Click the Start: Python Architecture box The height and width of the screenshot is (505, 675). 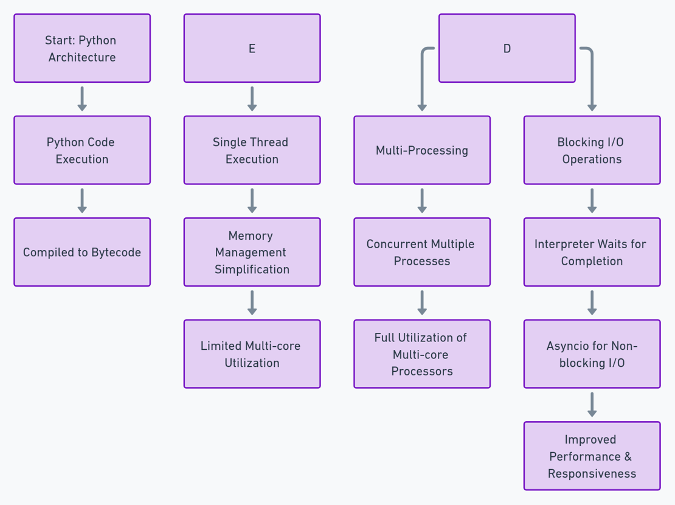pyautogui.click(x=82, y=49)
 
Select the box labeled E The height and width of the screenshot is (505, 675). pyautogui.click(x=252, y=49)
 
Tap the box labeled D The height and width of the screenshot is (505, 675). pyautogui.click(x=507, y=49)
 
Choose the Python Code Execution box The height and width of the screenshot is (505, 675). pyautogui.click(x=82, y=150)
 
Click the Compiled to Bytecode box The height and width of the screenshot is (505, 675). pyautogui.click(x=82, y=252)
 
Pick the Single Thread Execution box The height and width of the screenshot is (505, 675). pyautogui.click(x=252, y=150)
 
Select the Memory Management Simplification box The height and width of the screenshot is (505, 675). pyautogui.click(x=252, y=252)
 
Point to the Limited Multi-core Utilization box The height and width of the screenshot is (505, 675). pyautogui.click(x=252, y=354)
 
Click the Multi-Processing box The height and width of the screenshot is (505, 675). pyautogui.click(x=422, y=150)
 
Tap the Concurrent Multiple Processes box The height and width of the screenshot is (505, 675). pyautogui.click(x=422, y=252)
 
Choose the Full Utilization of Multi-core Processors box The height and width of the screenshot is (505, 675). pyautogui.click(x=422, y=354)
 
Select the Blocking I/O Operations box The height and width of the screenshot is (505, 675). pyautogui.click(x=592, y=150)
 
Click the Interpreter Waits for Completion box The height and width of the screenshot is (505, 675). pyautogui.click(x=592, y=252)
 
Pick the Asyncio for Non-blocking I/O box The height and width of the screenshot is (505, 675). pyautogui.click(x=592, y=354)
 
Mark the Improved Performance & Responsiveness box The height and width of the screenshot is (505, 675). pyautogui.click(x=592, y=456)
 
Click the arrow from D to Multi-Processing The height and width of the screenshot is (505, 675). pyautogui.click(x=422, y=79)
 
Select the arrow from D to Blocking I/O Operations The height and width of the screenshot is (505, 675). pyautogui.click(x=592, y=79)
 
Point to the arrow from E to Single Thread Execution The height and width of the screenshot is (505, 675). pyautogui.click(x=252, y=99)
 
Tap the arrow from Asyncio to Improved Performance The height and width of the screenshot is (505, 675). pyautogui.click(x=592, y=405)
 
